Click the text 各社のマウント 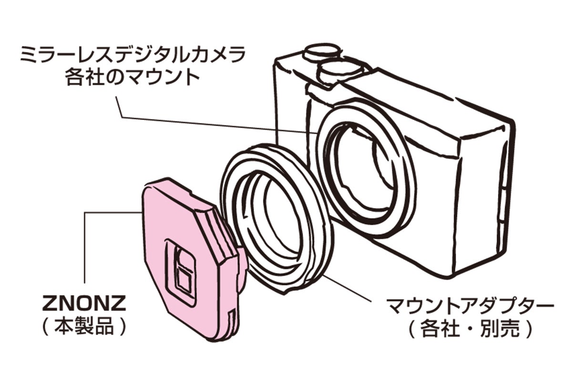pyautogui.click(x=132, y=78)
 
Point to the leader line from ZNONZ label pyautogui.click(x=85, y=248)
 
